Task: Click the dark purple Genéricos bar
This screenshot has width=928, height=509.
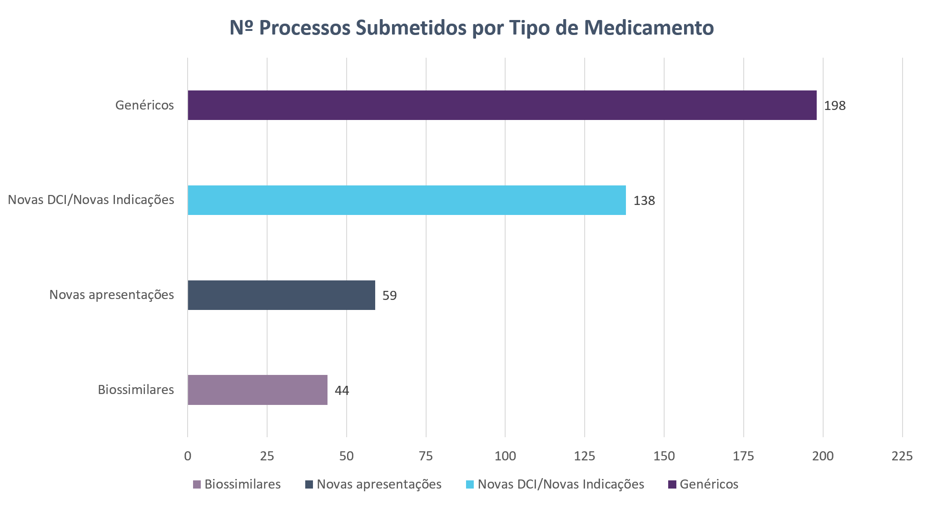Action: [502, 105]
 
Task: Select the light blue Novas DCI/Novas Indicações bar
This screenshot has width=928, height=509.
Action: [407, 200]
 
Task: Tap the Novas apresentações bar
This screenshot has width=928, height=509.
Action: [281, 295]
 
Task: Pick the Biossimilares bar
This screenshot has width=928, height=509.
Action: [258, 390]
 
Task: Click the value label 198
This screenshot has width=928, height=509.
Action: [835, 106]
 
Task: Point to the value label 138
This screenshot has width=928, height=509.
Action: [644, 201]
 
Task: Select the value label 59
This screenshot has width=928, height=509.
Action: [390, 296]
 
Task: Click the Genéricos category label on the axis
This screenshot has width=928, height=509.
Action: [144, 105]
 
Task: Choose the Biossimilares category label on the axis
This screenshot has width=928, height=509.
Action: [136, 390]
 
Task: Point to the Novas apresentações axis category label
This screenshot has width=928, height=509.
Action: [112, 295]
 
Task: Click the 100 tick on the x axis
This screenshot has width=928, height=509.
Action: [505, 456]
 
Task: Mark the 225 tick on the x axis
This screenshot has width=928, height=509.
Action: [902, 456]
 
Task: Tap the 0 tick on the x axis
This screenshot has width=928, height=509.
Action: [188, 456]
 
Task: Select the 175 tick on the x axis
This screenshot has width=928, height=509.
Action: [744, 456]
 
